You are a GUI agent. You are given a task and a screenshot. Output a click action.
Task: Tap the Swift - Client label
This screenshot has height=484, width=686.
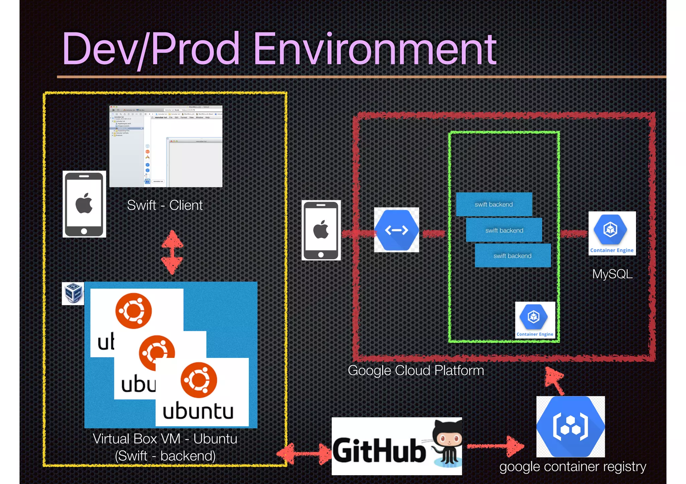[x=165, y=205]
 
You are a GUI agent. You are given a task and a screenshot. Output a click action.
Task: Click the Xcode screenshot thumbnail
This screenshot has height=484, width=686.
[x=166, y=146]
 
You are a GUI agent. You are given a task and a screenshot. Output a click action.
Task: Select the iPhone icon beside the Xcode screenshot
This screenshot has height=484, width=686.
[x=84, y=204]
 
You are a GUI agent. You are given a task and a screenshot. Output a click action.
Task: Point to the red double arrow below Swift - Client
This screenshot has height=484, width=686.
[x=172, y=252]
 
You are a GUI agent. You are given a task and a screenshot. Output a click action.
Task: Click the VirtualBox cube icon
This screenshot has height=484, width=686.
[x=73, y=293]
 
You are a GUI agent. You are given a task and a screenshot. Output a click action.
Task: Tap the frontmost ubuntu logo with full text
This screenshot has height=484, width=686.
[x=202, y=392]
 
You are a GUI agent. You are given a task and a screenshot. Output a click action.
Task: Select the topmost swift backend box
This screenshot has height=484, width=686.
[x=494, y=204]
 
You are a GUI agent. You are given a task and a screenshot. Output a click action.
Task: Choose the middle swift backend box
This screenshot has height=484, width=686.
[x=504, y=230]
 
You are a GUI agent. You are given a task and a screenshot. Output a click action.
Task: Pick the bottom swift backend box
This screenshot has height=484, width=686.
[x=512, y=256]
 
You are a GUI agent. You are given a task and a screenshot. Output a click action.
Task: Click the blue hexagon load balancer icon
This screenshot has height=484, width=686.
[x=396, y=230]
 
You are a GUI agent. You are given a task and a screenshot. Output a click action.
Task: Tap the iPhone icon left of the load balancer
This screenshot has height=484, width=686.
[x=321, y=230]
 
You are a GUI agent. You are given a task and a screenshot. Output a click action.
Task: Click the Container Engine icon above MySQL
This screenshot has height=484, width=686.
[x=612, y=233]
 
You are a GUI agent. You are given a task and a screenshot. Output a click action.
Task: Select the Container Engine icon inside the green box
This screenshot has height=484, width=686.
[x=535, y=320]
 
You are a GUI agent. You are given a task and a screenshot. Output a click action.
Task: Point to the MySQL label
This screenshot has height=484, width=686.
[x=612, y=274]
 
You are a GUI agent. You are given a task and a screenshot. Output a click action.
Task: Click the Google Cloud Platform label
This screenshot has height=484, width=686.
[x=416, y=370]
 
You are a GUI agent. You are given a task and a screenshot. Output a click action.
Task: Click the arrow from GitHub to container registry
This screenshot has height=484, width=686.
[x=496, y=446]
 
